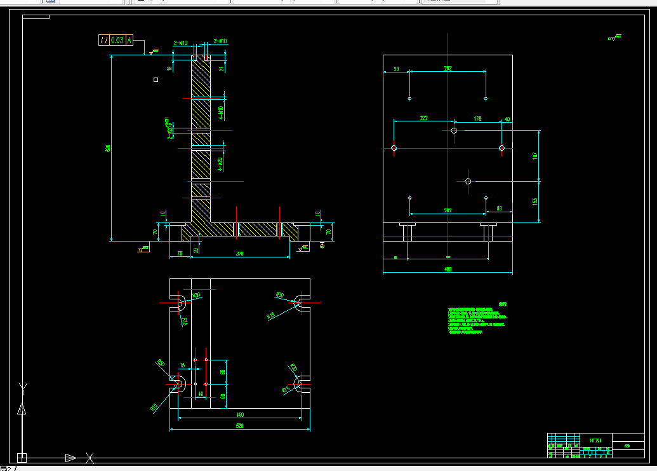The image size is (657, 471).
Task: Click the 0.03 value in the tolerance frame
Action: (x=117, y=40)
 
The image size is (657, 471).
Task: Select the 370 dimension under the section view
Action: (x=240, y=254)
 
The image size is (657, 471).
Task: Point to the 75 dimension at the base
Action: (x=180, y=254)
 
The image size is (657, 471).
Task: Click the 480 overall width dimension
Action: (x=448, y=270)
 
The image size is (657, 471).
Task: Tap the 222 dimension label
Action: (x=423, y=118)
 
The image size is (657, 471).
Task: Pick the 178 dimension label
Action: (x=477, y=118)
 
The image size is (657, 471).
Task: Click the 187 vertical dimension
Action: (x=535, y=155)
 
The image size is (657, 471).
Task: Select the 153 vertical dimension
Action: (x=535, y=201)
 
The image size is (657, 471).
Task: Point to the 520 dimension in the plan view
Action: (x=240, y=426)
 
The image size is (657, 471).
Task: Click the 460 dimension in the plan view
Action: (x=240, y=414)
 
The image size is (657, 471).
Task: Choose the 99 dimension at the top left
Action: (x=396, y=69)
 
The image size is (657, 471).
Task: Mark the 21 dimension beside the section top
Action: (x=222, y=69)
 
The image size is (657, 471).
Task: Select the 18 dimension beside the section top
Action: (x=169, y=69)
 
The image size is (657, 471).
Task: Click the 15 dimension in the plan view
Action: (x=183, y=365)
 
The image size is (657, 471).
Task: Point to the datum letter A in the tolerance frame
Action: (x=129, y=40)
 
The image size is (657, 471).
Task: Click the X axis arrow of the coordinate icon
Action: (x=70, y=457)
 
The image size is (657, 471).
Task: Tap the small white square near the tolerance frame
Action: (x=156, y=79)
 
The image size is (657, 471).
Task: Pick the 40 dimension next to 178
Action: (x=507, y=119)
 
